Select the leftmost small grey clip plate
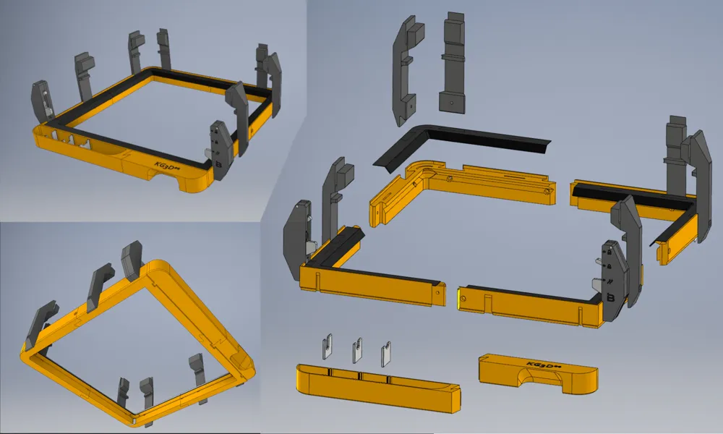point(327,349)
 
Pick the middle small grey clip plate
point(357,351)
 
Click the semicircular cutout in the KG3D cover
point(536,378)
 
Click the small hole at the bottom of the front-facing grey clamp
point(452,103)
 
